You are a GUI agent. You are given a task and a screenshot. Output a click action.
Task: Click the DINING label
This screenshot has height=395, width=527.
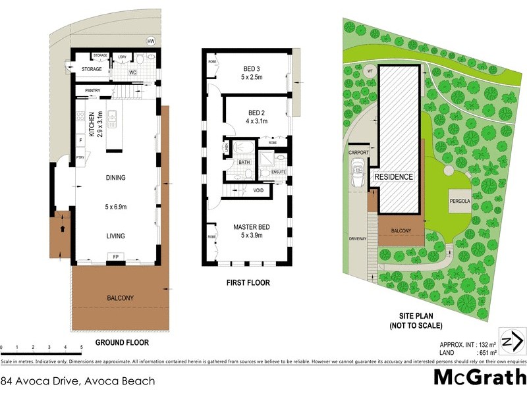[x=115, y=178]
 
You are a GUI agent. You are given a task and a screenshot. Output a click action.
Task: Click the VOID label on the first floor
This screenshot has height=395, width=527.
[x=258, y=191]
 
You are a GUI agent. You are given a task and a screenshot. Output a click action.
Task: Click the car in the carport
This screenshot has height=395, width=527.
[x=358, y=176]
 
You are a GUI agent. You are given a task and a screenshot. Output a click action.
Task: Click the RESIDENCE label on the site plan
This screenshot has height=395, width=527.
[x=394, y=177]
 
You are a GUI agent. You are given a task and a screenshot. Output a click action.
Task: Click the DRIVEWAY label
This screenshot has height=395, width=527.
[x=358, y=239]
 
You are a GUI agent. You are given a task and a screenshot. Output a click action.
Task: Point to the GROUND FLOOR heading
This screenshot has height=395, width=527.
[x=122, y=342]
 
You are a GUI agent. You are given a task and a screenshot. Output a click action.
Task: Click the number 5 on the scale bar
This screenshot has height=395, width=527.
[x=80, y=347]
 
